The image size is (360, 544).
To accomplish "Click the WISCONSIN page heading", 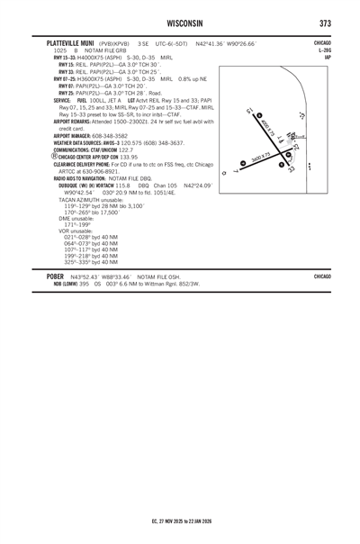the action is point(180,22).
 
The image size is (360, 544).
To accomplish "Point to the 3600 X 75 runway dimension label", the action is point(261,159).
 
